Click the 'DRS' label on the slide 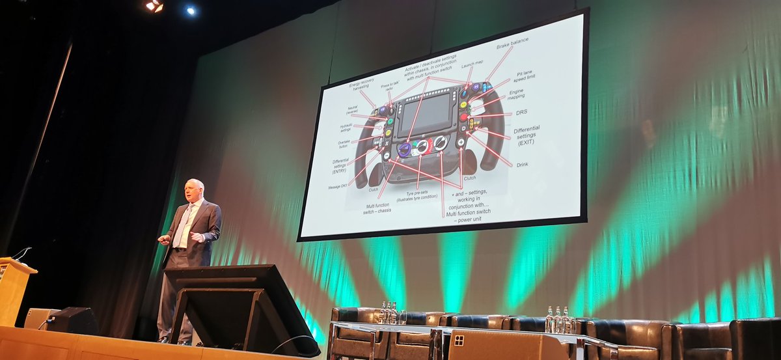pos(521,112)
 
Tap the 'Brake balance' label pos(512,44)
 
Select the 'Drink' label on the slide pos(523,165)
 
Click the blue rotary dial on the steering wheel pos(404,150)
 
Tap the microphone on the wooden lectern pos(21,252)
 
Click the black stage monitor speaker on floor pos(72,320)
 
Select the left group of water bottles pos(389,313)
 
